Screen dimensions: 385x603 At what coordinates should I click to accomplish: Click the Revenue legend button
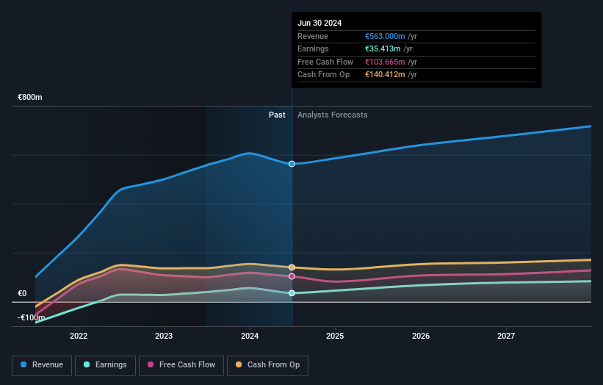click(x=42, y=364)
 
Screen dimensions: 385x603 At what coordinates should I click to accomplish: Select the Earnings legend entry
click(x=105, y=364)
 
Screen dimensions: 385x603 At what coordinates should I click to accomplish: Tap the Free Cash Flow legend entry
click(x=181, y=364)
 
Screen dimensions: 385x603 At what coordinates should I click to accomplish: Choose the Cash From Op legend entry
click(x=267, y=364)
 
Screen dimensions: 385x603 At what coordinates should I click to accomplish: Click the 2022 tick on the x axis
click(x=79, y=336)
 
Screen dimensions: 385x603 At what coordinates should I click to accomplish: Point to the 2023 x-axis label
click(x=164, y=336)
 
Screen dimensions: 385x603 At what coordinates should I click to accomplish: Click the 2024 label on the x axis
click(x=250, y=336)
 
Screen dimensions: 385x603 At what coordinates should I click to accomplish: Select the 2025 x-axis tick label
click(x=335, y=336)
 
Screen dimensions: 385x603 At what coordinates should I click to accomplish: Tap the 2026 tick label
click(x=421, y=336)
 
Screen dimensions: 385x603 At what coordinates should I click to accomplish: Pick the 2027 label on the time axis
click(x=506, y=336)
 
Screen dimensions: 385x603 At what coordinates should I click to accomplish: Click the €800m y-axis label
click(x=30, y=97)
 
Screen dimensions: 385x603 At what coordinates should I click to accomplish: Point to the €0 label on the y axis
click(x=23, y=293)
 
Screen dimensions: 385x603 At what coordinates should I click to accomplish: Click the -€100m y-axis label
click(x=30, y=317)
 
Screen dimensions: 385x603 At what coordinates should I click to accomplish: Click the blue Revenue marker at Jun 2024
click(x=292, y=164)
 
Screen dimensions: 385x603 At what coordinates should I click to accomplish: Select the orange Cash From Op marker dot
click(x=292, y=267)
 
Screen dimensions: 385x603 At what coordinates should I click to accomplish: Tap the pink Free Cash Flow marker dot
click(x=292, y=276)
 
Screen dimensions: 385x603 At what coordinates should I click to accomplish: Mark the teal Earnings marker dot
click(x=292, y=293)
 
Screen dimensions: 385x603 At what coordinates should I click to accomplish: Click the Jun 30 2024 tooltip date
click(x=319, y=23)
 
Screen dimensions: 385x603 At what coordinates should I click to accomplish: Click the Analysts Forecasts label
click(x=332, y=115)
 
